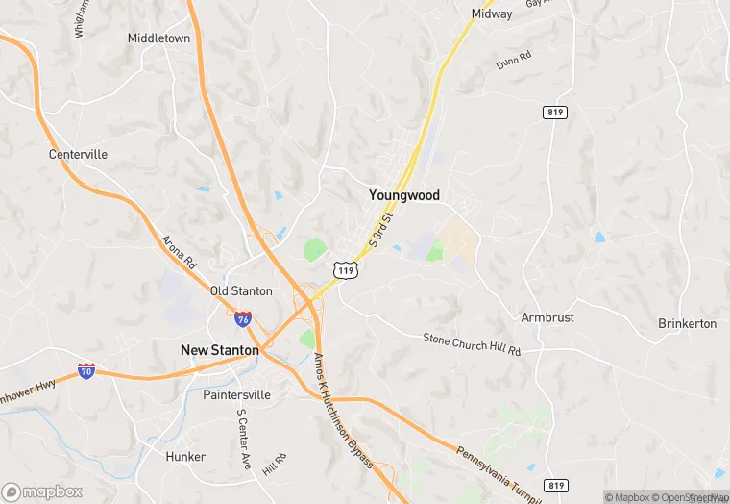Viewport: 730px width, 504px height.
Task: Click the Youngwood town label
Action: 404,195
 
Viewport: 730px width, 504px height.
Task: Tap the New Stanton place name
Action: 220,350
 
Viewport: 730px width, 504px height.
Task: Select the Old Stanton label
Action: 241,290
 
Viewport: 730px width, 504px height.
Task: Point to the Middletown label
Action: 159,38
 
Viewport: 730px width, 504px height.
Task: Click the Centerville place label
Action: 79,154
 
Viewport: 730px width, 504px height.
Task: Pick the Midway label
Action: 491,14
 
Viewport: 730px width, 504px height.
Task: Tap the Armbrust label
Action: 547,317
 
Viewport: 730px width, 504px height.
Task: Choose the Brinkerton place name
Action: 687,323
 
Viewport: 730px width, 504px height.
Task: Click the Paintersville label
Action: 236,394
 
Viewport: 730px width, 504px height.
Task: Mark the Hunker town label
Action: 185,456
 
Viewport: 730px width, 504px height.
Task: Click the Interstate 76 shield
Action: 243,316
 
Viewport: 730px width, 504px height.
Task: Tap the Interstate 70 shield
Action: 87,370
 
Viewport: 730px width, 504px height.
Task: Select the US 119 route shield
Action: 346,272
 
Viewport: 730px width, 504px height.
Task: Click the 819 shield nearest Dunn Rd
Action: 555,113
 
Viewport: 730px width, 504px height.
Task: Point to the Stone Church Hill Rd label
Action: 472,343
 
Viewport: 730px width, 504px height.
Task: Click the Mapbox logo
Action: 42,491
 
